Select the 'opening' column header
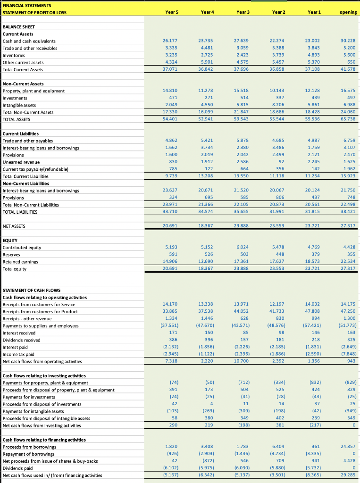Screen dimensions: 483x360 click(348, 12)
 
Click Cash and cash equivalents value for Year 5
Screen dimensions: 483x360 click(170, 41)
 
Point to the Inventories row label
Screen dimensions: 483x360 click(14, 55)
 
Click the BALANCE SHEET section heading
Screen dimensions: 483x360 click(18, 27)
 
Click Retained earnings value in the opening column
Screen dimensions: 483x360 click(348, 262)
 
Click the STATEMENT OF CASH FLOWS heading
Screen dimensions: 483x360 click(31, 290)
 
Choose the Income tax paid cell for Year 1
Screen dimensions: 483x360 click(316, 354)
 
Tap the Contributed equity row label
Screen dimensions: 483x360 click(22, 248)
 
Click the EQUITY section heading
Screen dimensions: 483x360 click(11, 241)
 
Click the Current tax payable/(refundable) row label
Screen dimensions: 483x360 click(36, 169)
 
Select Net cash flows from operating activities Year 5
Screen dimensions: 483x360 click(170, 361)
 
